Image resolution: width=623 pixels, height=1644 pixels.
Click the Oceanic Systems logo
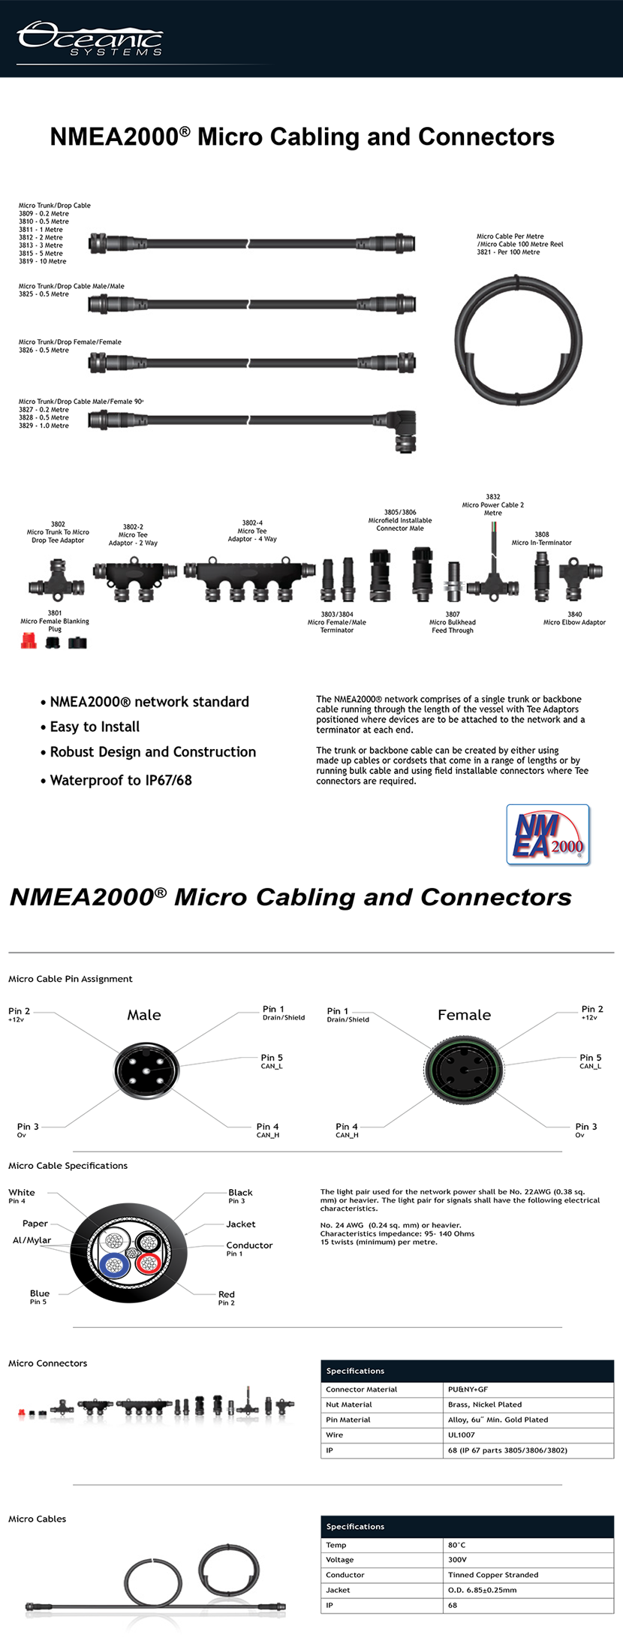[x=90, y=39]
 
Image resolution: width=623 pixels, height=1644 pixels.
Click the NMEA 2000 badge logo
[x=548, y=835]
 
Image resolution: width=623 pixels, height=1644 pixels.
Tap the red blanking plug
[x=29, y=641]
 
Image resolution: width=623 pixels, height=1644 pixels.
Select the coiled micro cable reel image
[x=518, y=339]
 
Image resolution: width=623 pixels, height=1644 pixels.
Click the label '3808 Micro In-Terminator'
[x=541, y=539]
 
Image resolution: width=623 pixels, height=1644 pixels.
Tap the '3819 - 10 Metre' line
[x=42, y=261]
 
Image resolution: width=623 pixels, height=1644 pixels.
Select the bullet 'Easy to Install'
[x=95, y=727]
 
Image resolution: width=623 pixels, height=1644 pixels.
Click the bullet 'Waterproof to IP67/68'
[x=121, y=781]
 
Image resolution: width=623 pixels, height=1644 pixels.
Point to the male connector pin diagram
[x=146, y=1070]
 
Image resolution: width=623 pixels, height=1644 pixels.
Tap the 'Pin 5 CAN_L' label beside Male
[x=272, y=1061]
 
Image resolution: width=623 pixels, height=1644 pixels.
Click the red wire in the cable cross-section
[x=148, y=1263]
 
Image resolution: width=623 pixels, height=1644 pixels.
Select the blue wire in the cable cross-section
[x=114, y=1266]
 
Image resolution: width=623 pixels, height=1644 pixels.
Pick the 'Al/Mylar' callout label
[x=32, y=1240]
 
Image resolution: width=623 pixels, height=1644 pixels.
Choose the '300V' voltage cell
[x=457, y=1560]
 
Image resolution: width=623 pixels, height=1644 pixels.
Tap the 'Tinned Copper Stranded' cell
[x=493, y=1575]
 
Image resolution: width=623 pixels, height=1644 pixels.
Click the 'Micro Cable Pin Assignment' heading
[x=70, y=979]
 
